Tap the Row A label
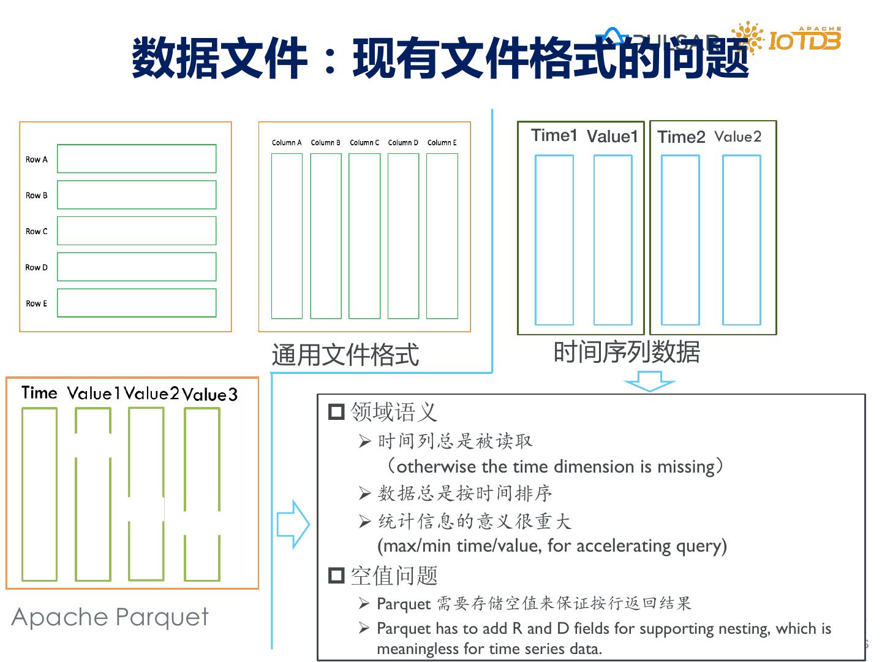point(36,159)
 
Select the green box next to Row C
point(137,231)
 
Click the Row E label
point(36,303)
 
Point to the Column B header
point(325,143)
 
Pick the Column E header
point(442,143)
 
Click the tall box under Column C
point(364,236)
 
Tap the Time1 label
point(554,135)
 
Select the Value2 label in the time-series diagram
point(737,137)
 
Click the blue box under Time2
point(680,240)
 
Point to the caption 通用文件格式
point(345,355)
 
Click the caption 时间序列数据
point(626,352)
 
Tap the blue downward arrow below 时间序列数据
point(649,384)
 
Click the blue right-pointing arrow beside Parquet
point(293,524)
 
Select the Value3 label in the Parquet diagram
point(209,395)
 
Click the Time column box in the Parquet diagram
point(39,494)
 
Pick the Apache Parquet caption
point(110,617)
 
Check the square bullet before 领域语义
point(336,411)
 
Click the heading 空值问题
point(394,576)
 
